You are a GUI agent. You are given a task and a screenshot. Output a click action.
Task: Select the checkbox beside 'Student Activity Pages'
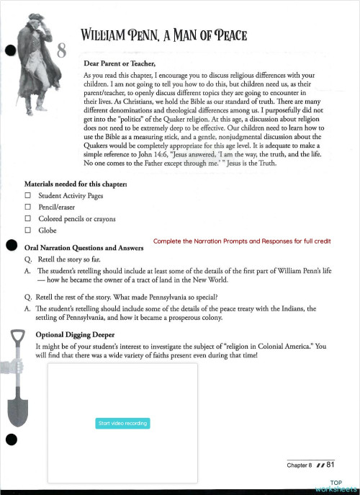27,195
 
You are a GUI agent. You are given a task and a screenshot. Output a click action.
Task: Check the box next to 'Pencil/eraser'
27,207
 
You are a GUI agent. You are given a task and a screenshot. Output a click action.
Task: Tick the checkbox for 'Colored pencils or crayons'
27,218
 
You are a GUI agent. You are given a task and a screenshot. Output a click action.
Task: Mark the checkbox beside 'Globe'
27,230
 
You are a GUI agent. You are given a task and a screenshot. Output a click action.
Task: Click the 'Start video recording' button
122,423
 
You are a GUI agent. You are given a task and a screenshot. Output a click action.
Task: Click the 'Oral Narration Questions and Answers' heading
84,248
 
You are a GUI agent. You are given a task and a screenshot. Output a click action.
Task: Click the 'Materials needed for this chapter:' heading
76,184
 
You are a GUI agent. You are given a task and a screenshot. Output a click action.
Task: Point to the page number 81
331,465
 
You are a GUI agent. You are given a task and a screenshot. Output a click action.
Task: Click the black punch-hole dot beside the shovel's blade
10,440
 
